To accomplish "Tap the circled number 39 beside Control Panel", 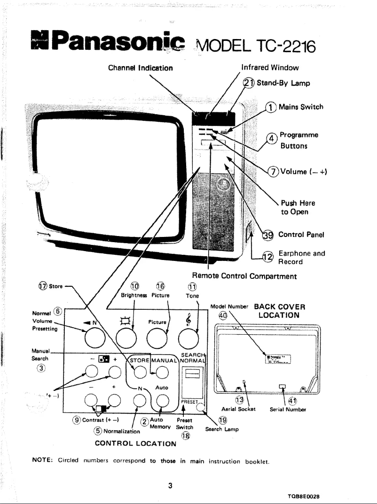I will point(268,235).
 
